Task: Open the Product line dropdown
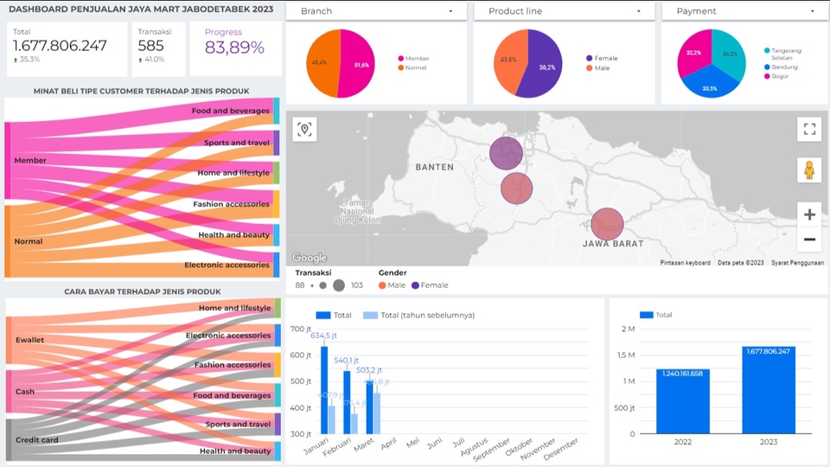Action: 564,11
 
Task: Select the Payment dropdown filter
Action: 745,11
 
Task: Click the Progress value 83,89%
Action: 234,48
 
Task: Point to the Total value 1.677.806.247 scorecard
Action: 60,46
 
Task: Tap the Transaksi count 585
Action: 150,46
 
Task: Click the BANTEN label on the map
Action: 434,167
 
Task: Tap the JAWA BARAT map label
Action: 613,244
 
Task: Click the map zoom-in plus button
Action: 809,214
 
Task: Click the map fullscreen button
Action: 809,130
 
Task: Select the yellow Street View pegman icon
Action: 809,170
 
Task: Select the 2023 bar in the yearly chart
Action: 769,390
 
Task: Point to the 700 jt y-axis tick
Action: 300,329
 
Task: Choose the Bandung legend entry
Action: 786,67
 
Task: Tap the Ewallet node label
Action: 29,340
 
